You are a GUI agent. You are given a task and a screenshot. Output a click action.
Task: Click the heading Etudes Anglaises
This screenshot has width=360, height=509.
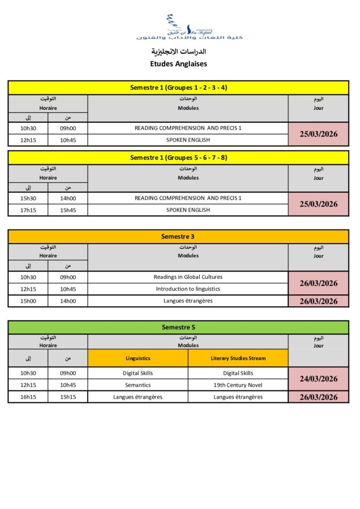coord(179,64)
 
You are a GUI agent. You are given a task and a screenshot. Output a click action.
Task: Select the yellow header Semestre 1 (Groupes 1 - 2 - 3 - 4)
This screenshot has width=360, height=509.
coord(179,88)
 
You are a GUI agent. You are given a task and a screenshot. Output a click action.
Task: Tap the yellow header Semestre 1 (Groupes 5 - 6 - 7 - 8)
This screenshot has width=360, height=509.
coord(179,158)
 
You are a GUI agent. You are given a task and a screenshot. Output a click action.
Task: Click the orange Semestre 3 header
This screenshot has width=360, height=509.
coord(179,237)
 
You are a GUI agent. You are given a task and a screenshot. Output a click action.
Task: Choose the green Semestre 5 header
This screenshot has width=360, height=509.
coord(179,327)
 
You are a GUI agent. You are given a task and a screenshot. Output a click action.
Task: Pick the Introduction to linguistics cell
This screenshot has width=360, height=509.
coord(188,289)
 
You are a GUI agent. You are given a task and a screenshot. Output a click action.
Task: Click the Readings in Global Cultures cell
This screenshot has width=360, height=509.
coord(188,277)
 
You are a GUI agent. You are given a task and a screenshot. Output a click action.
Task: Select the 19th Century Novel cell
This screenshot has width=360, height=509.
coord(238,385)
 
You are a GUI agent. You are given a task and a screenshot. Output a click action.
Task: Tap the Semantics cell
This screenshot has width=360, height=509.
coord(138,385)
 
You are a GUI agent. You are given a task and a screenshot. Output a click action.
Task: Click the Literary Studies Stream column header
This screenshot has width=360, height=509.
coord(238,358)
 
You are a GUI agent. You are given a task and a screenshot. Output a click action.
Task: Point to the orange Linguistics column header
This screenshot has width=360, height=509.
coord(138,358)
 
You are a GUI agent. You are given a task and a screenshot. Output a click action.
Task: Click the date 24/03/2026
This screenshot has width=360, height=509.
coord(318,379)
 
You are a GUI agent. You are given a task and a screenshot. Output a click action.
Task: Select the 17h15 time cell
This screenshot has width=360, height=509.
coord(28,210)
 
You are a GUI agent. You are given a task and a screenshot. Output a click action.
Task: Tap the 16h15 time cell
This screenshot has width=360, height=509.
coord(28,397)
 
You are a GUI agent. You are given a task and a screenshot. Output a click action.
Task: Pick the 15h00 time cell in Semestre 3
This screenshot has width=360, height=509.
coord(28,301)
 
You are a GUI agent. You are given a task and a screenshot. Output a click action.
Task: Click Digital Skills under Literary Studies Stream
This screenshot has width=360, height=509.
coord(238,373)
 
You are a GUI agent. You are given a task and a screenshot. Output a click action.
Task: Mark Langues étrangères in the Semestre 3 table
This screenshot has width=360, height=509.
coord(188,301)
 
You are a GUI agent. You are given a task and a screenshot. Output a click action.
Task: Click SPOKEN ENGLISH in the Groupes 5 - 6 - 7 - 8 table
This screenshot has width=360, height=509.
coord(188,210)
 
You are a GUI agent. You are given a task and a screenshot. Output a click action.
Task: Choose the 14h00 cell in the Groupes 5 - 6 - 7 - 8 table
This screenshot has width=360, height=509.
coord(68,198)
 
